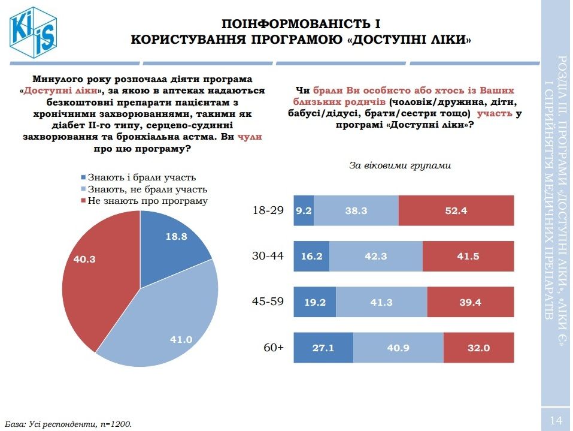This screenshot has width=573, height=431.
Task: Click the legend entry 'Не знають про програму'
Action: [147, 201]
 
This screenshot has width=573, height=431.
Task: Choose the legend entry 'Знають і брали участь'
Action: [141, 177]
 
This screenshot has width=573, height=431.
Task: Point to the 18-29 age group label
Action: [268, 210]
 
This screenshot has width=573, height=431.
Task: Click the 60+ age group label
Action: [273, 347]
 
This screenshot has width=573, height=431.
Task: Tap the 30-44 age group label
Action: [268, 256]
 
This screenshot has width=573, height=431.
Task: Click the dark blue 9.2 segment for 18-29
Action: [304, 210]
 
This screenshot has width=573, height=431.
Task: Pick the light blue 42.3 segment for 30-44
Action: [376, 256]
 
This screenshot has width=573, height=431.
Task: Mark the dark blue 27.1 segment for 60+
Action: [323, 347]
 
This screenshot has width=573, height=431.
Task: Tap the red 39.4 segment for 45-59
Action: [471, 302]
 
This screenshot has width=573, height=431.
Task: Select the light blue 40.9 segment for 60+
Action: [398, 347]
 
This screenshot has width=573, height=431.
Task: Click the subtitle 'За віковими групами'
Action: [399, 165]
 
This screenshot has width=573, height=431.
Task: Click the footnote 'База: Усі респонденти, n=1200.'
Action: [69, 424]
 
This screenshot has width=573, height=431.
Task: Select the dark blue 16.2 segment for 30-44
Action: [311, 256]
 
